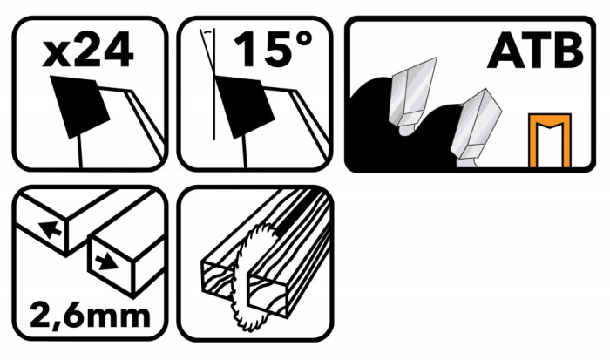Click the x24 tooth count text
click(88, 49)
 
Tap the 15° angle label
click(273, 49)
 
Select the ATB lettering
click(535, 51)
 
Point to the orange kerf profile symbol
click(550, 140)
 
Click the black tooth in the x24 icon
click(80, 106)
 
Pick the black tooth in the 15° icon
click(245, 106)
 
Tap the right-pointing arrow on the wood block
click(106, 262)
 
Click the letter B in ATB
click(568, 51)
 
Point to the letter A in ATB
click(504, 51)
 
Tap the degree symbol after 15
click(304, 40)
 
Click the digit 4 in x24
click(119, 49)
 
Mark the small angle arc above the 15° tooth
click(209, 32)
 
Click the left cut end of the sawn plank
click(218, 276)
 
